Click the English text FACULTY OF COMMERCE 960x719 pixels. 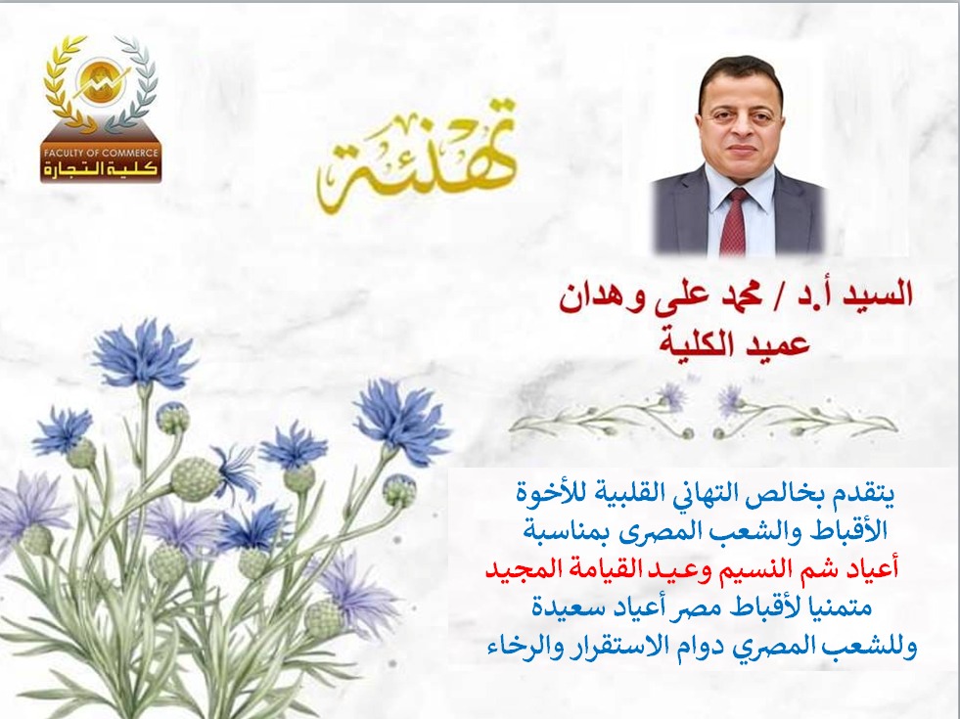coord(101,153)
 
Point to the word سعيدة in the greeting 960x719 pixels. coord(561,608)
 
